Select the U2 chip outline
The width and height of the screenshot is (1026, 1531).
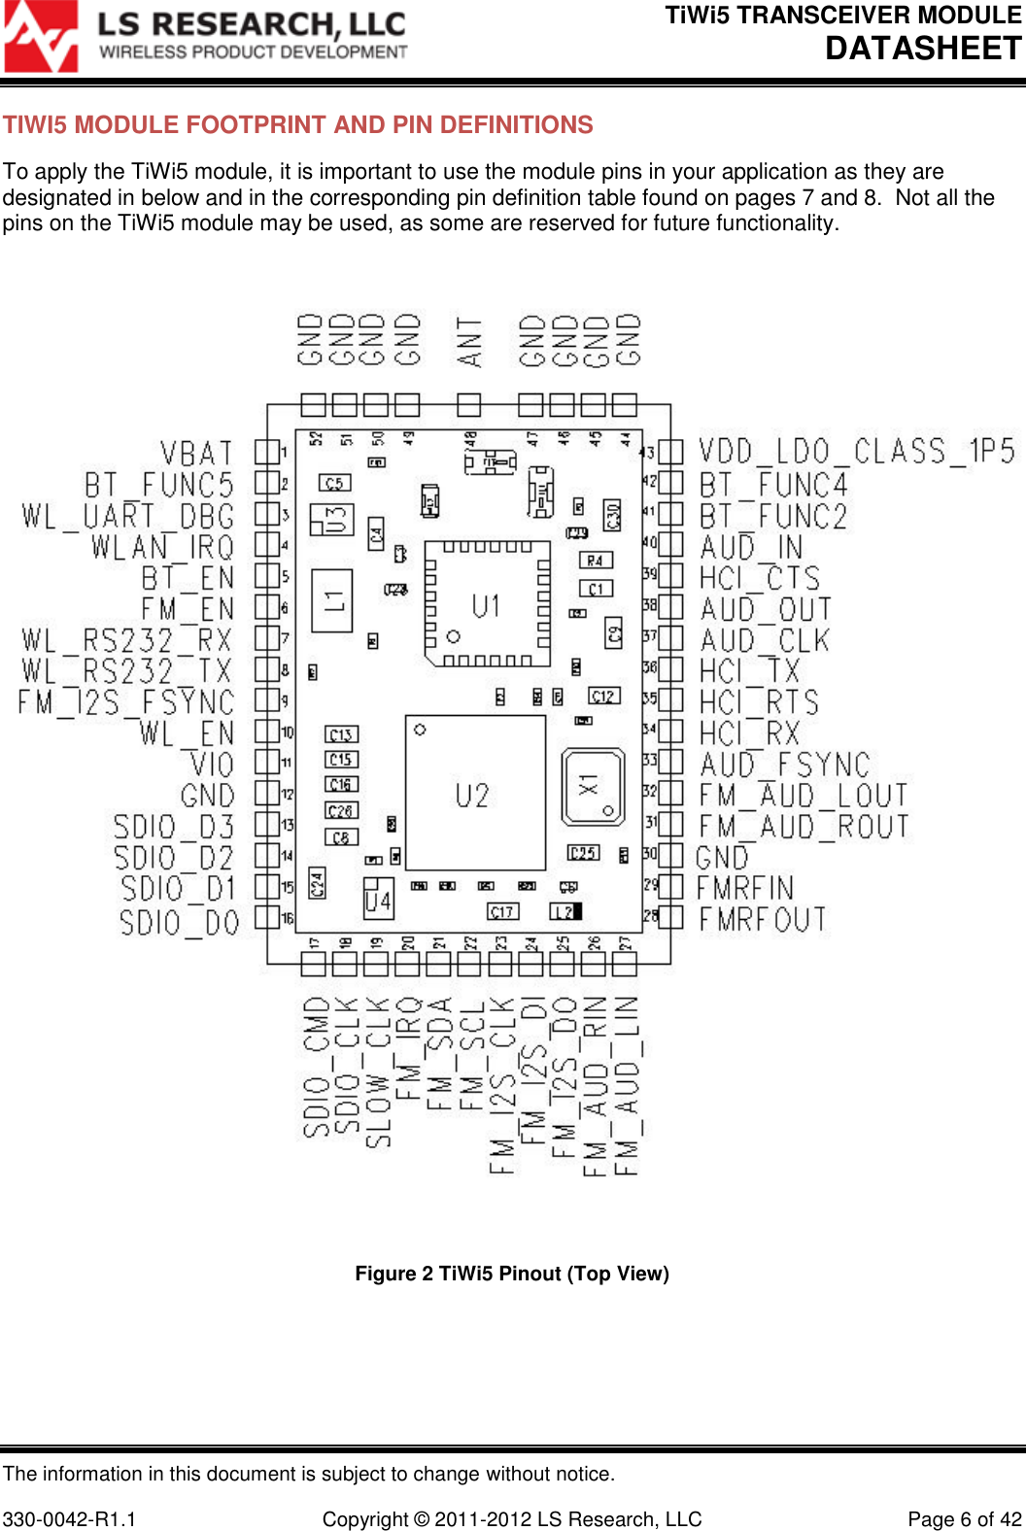[x=474, y=794]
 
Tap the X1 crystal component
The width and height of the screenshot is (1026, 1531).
[x=593, y=787]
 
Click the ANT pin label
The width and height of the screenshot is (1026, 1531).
[x=470, y=341]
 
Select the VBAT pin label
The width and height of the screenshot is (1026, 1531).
[x=197, y=454]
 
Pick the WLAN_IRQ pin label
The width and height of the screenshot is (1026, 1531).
[x=163, y=547]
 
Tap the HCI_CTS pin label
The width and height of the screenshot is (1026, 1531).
[x=760, y=578]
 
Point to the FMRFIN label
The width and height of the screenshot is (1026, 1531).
[x=745, y=888]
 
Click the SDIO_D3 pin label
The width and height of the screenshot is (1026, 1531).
[x=174, y=827]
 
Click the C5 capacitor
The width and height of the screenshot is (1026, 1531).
[x=334, y=483]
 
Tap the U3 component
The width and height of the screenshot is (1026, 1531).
[x=332, y=520]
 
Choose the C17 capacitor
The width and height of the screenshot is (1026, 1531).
[x=502, y=911]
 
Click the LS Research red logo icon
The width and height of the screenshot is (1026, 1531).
[x=41, y=37]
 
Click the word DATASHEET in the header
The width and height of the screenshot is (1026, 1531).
[x=923, y=48]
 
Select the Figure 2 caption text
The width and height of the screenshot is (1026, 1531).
[x=512, y=1274]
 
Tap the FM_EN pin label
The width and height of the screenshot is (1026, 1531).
[x=188, y=609]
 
